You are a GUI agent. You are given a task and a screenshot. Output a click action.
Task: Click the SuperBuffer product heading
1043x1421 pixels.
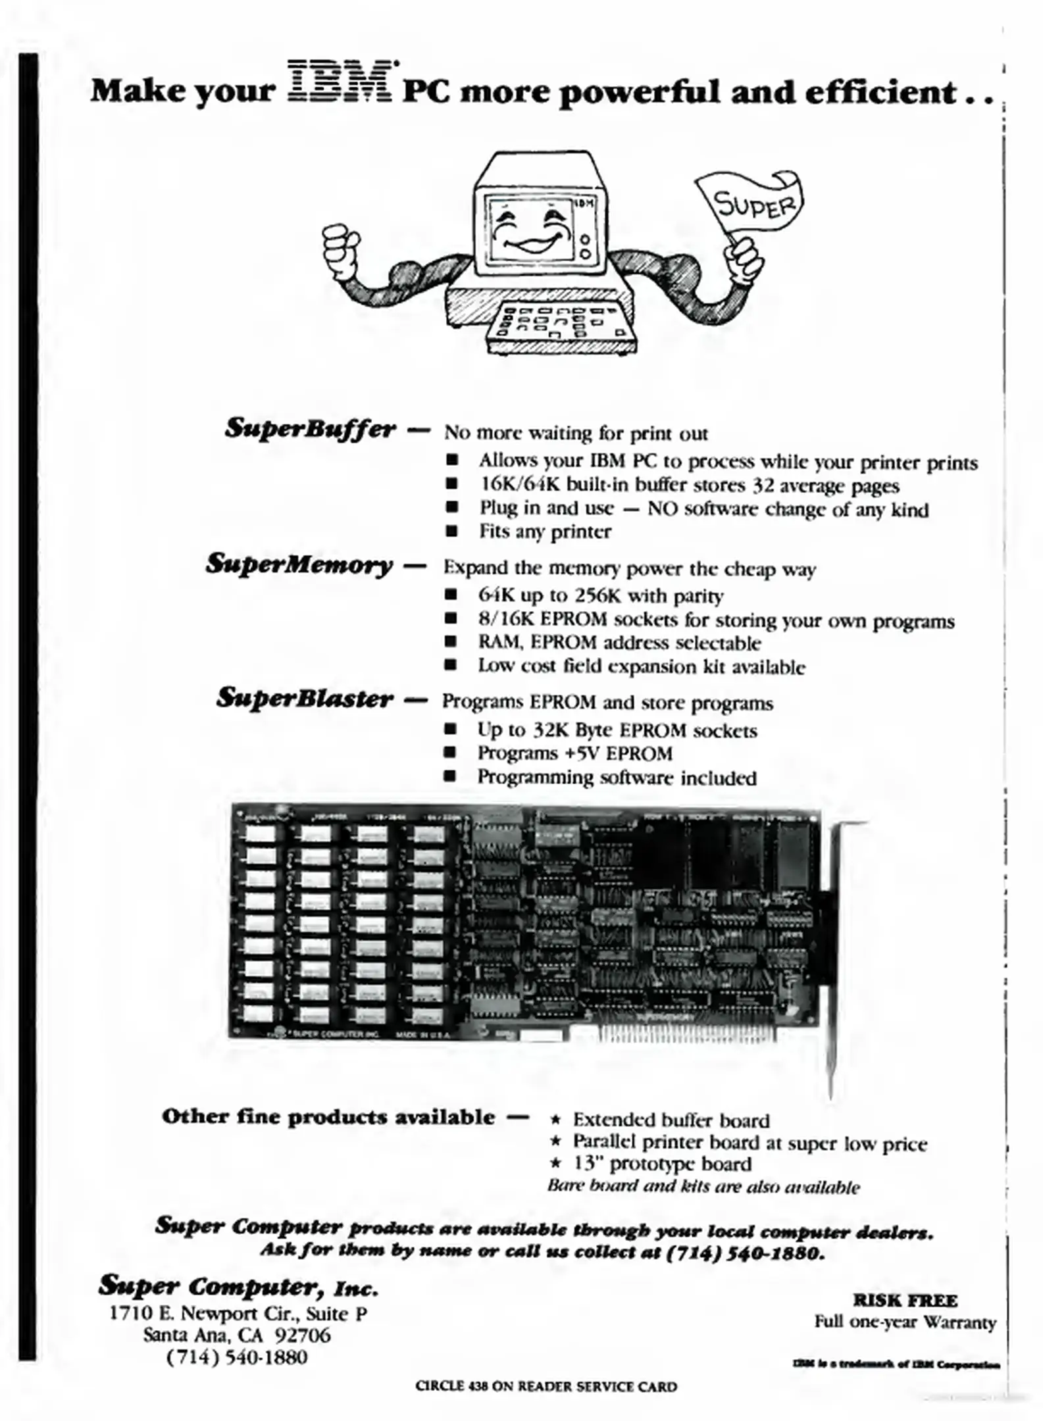[311, 428]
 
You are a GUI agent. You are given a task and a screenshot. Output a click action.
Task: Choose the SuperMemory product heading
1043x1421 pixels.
[300, 564]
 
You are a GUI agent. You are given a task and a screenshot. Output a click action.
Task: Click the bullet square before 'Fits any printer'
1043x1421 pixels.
[451, 532]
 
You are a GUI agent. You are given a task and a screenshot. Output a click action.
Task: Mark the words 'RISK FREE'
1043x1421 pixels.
[905, 1301]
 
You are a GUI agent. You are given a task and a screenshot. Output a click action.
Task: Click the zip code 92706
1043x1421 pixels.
[304, 1335]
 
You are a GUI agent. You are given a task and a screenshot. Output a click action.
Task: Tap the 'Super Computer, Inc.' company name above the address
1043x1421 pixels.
[238, 1286]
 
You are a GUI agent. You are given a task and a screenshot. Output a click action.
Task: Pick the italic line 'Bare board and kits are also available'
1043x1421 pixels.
[703, 1187]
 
